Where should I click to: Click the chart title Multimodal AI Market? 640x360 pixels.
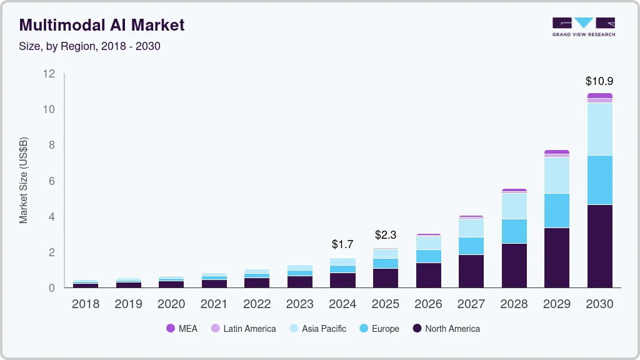click(x=102, y=25)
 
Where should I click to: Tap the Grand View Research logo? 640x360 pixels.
click(x=583, y=27)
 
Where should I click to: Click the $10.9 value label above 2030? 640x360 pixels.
click(x=599, y=81)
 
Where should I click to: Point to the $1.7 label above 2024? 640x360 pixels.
click(x=342, y=244)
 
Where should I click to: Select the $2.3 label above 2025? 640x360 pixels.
click(x=386, y=235)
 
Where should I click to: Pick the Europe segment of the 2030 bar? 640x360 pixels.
click(x=599, y=180)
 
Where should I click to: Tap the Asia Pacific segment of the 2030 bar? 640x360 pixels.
click(x=599, y=129)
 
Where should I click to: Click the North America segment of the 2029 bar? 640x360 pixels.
click(x=556, y=257)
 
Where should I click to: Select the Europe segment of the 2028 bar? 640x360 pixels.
click(x=514, y=231)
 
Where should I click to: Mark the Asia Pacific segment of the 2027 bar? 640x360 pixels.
click(x=471, y=228)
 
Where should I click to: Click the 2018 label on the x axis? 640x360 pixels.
click(x=85, y=304)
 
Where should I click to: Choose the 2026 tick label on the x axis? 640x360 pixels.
click(x=428, y=304)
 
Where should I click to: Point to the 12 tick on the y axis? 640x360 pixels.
click(x=49, y=74)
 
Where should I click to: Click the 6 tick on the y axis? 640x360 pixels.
click(x=52, y=181)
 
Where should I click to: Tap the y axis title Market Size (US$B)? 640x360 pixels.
click(x=24, y=180)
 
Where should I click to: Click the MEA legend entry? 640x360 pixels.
click(x=182, y=329)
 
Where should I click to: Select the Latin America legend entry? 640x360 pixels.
click(x=243, y=329)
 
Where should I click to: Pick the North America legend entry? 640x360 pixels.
click(x=446, y=329)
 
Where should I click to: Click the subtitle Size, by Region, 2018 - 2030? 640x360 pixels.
click(x=90, y=46)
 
